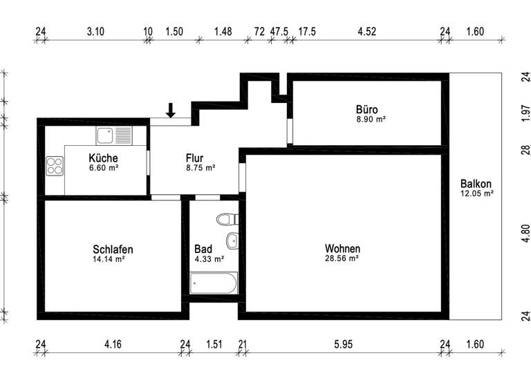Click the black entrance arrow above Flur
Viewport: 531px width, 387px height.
point(171,109)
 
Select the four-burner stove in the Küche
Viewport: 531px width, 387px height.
point(55,166)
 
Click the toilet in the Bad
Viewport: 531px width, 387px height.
point(226,220)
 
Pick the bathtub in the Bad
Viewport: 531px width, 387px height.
point(214,283)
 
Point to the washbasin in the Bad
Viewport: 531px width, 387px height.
point(232,241)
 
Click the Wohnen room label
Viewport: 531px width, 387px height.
point(343,249)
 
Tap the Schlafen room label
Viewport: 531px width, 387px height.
point(113,249)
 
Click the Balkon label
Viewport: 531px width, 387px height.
point(476,184)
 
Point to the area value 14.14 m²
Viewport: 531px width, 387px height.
point(109,259)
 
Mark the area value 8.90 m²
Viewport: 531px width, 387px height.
point(370,119)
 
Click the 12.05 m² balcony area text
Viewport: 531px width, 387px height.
point(476,193)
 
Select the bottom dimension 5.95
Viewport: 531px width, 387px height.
point(342,344)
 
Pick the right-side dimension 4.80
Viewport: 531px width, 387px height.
point(525,234)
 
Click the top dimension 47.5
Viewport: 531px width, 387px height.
point(279,31)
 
